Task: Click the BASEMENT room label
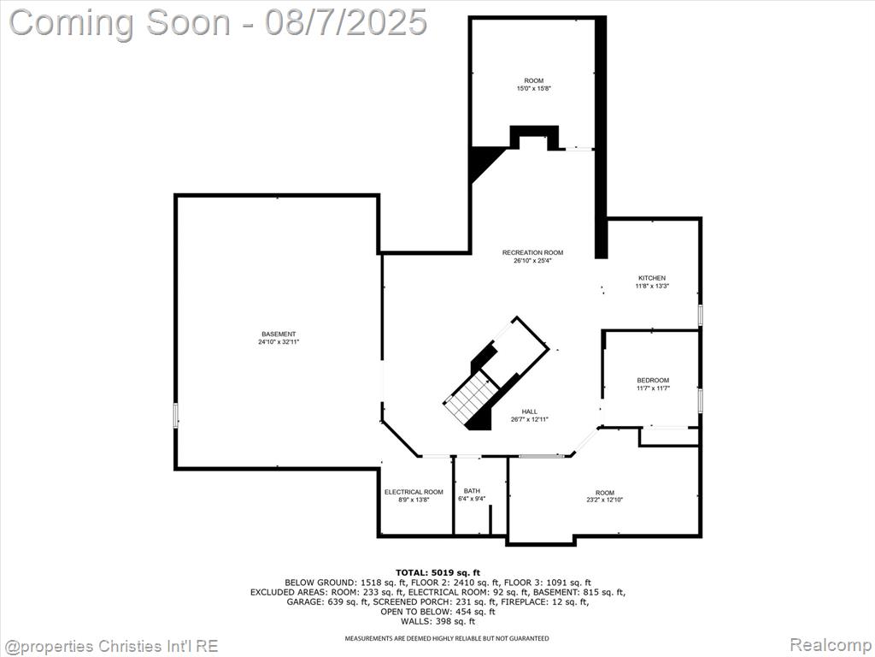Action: (x=279, y=334)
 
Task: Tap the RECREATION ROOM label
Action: (x=532, y=252)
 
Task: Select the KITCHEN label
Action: (x=652, y=278)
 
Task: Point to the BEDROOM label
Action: (x=653, y=381)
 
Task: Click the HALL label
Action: (x=530, y=411)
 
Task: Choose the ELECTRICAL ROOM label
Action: (x=414, y=492)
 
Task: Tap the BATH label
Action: (x=472, y=491)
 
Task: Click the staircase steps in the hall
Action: (x=470, y=397)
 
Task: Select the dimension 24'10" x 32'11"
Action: (x=279, y=342)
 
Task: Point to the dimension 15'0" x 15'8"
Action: (x=533, y=88)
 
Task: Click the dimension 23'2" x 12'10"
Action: (x=604, y=500)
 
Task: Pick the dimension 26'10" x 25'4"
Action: (x=532, y=260)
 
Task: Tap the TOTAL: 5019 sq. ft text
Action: (x=437, y=572)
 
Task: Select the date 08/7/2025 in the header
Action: (x=346, y=22)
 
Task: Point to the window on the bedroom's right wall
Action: (x=700, y=400)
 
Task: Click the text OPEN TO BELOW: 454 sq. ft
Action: (x=437, y=612)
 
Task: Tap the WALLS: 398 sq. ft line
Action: (x=437, y=621)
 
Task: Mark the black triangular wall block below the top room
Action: (x=484, y=162)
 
